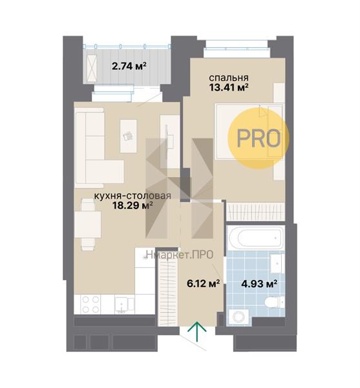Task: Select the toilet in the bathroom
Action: (275, 302)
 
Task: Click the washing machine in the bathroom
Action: (239, 316)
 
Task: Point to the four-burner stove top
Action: (90, 305)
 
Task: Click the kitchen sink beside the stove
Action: (124, 305)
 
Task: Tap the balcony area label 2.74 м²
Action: (129, 66)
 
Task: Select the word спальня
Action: (229, 78)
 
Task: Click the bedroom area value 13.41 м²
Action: (229, 87)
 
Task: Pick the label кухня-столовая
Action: (132, 195)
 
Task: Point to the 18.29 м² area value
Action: (132, 205)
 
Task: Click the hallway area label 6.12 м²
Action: (204, 284)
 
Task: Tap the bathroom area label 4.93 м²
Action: (259, 284)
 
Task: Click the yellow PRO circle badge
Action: (259, 138)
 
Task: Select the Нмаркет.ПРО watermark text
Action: (180, 255)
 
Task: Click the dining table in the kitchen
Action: (88, 224)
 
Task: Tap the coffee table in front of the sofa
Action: (129, 136)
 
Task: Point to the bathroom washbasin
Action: (277, 263)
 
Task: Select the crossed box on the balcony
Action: (92, 69)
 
